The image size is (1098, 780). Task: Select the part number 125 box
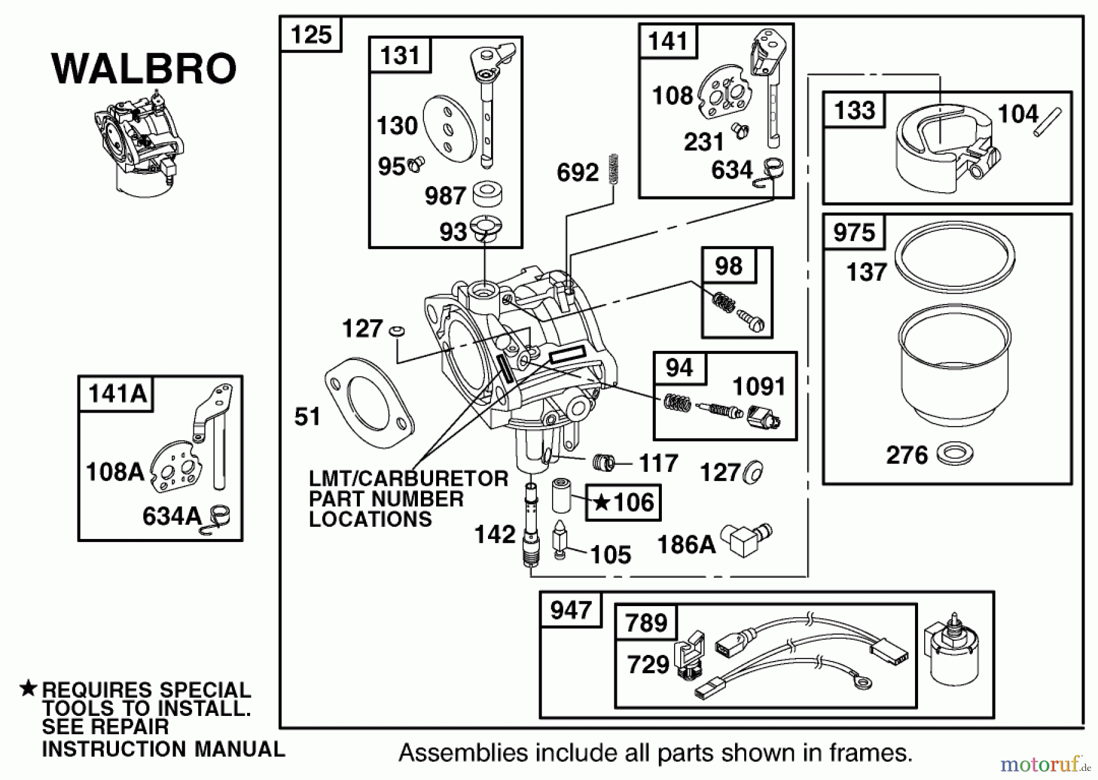click(x=310, y=35)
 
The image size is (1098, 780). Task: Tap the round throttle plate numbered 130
click(x=448, y=129)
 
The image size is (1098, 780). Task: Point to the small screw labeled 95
click(x=417, y=163)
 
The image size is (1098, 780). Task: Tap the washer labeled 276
click(x=955, y=454)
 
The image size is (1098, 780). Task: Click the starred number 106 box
click(x=623, y=502)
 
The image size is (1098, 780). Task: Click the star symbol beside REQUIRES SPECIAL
click(x=28, y=689)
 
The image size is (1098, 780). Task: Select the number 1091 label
click(x=758, y=387)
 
